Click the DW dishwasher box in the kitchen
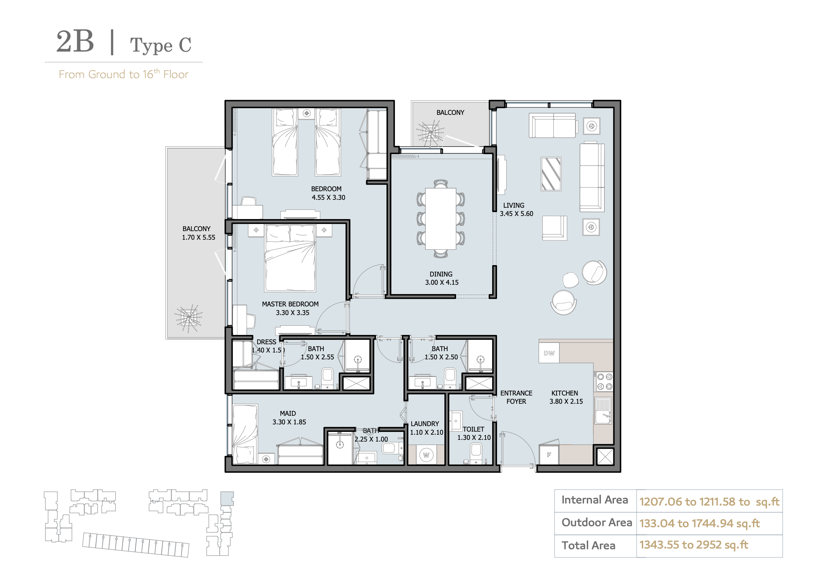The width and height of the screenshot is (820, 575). coord(549,353)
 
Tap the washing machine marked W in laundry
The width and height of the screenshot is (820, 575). coord(426,455)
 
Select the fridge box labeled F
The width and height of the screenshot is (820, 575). coord(549,455)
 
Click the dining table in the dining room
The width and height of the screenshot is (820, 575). coord(441,219)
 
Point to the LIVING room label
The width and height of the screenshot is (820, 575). coord(514,205)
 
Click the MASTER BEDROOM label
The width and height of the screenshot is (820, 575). coord(290,304)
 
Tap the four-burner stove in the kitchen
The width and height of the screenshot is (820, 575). coord(605,381)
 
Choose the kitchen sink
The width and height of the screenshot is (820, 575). coord(603,411)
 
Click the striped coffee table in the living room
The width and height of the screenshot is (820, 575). coord(551,174)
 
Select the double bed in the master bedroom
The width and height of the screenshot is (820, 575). coord(290,258)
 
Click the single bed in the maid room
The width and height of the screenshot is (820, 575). coord(245,434)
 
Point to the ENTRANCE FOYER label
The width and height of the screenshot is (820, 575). coord(516,397)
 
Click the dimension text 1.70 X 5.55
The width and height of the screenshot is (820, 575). coord(198,238)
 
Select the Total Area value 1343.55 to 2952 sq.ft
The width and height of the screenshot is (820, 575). coord(693,545)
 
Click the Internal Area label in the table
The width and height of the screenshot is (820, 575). coord(595,500)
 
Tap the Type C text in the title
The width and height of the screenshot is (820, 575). coord(161,45)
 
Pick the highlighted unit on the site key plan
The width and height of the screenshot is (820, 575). coord(227,498)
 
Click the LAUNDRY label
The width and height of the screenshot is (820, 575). coord(425,424)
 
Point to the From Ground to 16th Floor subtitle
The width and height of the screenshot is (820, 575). coord(123,74)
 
